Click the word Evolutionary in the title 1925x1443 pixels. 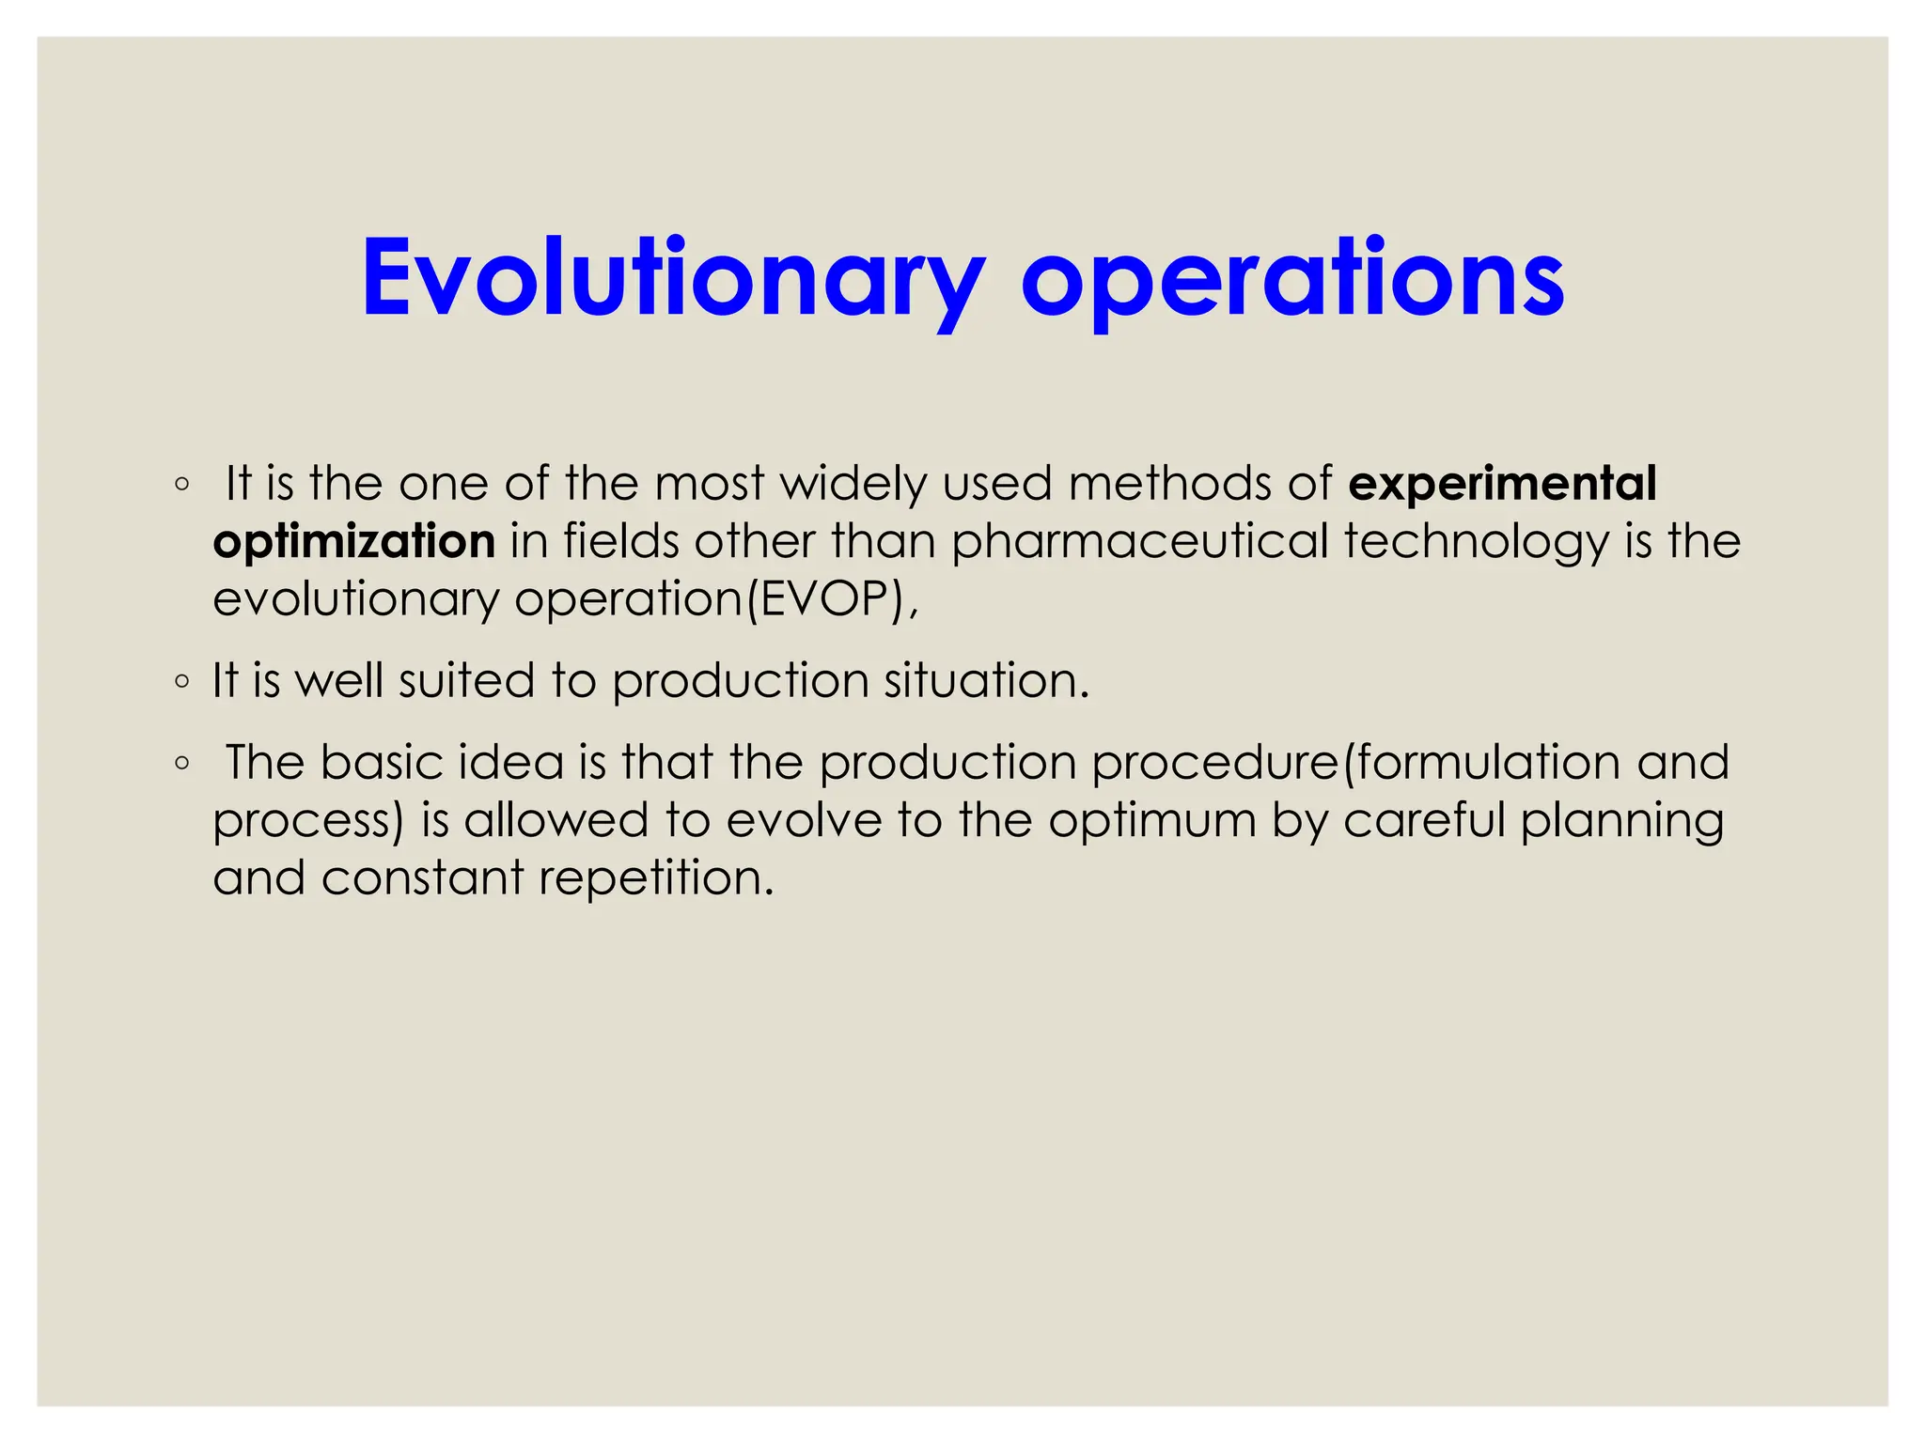coord(673,278)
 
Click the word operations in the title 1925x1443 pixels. coord(1292,278)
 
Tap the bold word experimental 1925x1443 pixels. coord(1501,484)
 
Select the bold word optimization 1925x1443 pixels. coord(353,542)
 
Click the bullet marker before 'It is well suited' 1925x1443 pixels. coord(182,682)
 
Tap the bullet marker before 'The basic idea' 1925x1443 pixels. coord(182,764)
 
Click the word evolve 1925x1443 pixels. coord(804,820)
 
